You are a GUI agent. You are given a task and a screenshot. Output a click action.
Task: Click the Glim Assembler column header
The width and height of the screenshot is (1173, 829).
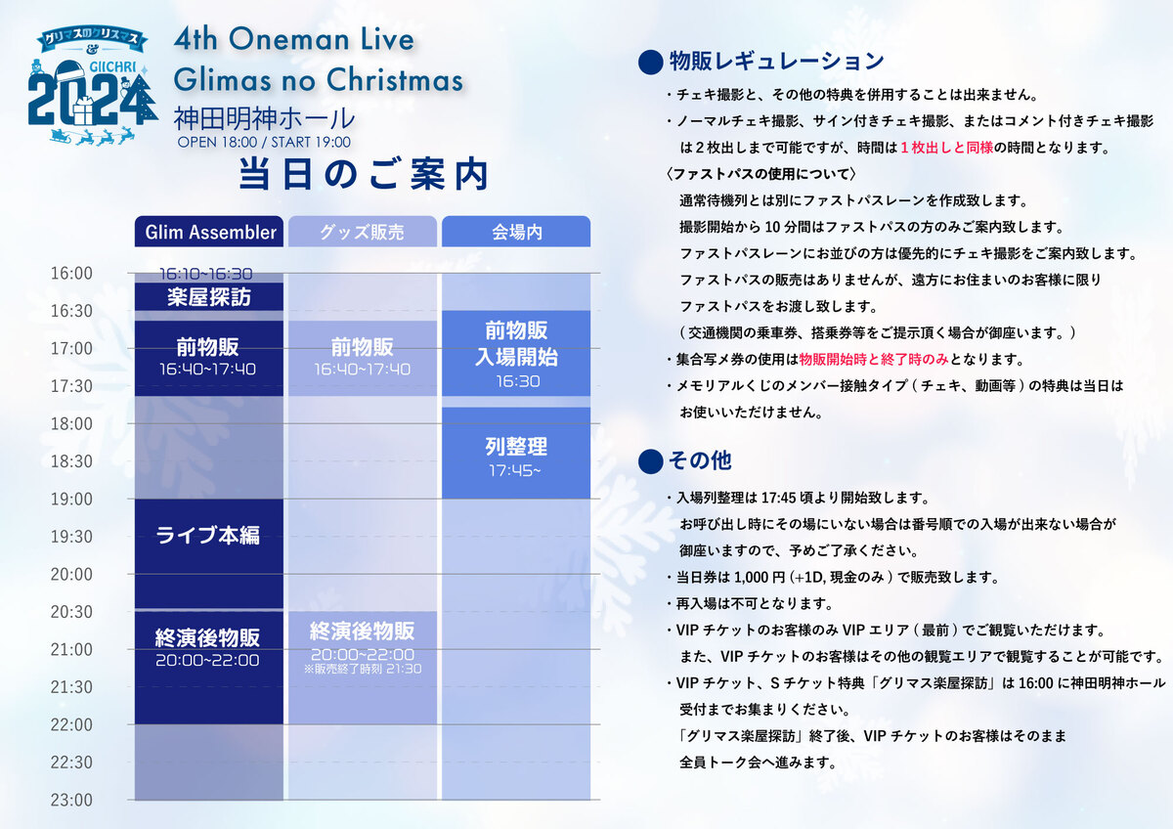pyautogui.click(x=209, y=232)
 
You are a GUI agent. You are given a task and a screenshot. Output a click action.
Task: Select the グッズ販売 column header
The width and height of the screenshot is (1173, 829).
pyautogui.click(x=363, y=232)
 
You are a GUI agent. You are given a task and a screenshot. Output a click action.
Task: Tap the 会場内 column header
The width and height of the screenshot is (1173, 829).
pyautogui.click(x=516, y=232)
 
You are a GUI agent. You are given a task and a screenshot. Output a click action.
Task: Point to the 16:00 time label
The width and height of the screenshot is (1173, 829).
pyautogui.click(x=71, y=274)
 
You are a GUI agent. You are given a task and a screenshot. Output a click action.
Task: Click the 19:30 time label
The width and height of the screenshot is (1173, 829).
pyautogui.click(x=71, y=537)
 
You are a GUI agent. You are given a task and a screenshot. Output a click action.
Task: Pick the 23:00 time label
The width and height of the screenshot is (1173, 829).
pyautogui.click(x=71, y=801)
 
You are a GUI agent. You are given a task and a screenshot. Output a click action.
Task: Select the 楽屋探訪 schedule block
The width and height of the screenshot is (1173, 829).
pyautogui.click(x=209, y=297)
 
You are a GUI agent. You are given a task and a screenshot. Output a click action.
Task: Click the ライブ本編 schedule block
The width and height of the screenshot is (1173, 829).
pyautogui.click(x=209, y=553)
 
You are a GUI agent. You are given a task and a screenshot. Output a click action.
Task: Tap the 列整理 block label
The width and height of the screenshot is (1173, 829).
pyautogui.click(x=516, y=447)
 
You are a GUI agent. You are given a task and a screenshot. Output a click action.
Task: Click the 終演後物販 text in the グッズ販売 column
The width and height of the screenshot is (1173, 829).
pyautogui.click(x=363, y=632)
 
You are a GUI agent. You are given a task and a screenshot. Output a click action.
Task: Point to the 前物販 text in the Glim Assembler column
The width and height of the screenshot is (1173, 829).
pyautogui.click(x=208, y=347)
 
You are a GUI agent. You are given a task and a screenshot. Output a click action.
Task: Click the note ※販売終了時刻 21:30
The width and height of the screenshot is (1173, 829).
pyautogui.click(x=363, y=669)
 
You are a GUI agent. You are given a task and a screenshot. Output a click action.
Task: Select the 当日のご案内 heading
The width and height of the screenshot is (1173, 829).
pyautogui.click(x=364, y=174)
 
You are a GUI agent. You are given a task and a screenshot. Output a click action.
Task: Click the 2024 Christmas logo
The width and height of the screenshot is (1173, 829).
pyautogui.click(x=93, y=86)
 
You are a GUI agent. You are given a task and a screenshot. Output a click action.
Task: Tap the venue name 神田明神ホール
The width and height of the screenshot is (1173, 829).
pyautogui.click(x=264, y=118)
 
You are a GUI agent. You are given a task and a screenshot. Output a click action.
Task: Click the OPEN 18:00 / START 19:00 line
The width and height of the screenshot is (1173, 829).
pyautogui.click(x=264, y=143)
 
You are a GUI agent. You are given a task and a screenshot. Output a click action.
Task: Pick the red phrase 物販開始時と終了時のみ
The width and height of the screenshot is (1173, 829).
pyautogui.click(x=874, y=359)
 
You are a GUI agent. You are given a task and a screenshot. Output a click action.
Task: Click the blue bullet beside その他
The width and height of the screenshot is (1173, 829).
pyautogui.click(x=650, y=461)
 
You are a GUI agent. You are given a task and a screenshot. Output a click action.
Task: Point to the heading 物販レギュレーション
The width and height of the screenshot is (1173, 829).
pyautogui.click(x=776, y=62)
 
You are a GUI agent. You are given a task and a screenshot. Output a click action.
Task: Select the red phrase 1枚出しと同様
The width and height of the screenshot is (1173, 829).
pyautogui.click(x=947, y=148)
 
